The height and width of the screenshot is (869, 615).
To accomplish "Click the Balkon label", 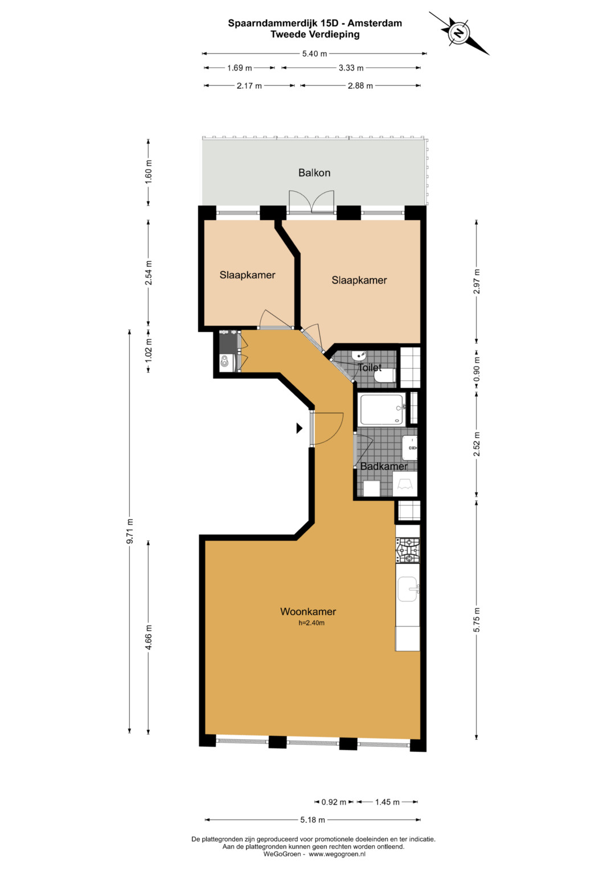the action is point(314,172).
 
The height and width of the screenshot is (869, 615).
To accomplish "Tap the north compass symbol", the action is point(459,33).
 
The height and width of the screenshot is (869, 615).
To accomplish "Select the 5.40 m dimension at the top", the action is point(314,54).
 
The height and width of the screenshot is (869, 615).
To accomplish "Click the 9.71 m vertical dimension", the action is point(130,531).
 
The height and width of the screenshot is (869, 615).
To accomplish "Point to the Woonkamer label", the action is point(308,611).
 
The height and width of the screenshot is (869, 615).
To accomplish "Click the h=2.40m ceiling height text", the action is point(311,623).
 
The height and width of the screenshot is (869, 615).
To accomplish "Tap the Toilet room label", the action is point(370,368).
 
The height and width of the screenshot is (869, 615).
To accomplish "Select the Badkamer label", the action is point(384,466).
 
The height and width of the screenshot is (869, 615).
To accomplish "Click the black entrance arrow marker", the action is point(300,428).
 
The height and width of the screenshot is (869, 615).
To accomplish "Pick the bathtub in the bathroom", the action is point(383,409).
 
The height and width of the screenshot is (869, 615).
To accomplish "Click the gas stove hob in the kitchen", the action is point(408,550).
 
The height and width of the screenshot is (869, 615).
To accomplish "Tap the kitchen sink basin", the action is point(407,589).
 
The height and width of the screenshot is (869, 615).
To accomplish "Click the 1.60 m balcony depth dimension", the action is point(149,172).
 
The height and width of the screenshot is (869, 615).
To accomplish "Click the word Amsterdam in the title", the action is point(375,23).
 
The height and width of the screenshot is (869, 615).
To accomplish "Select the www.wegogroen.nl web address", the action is point(337,854).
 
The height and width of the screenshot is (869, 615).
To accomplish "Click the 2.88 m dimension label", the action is point(360,86).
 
